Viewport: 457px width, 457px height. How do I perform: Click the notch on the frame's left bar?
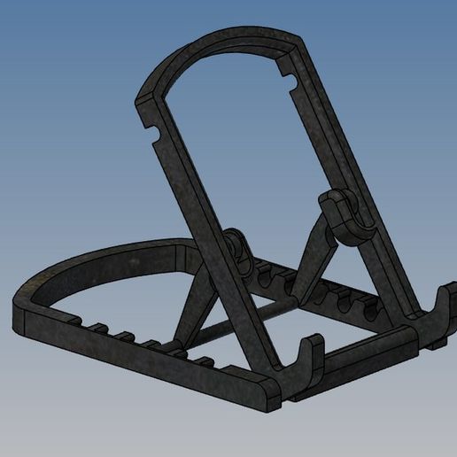(156, 136)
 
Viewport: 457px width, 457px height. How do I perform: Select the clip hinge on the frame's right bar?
(341, 215)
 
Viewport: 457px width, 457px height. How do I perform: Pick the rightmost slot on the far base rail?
(372, 306)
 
